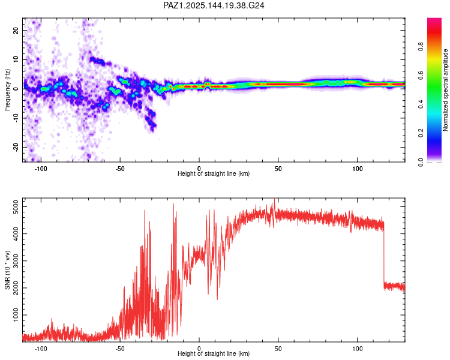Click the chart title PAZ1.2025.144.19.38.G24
pos(214,5)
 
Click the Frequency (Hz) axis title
pos(7,90)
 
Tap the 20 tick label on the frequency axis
pos(16,30)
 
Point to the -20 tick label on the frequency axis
pos(16,148)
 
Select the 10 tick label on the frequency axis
pos(16,59)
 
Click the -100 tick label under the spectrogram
pos(41,169)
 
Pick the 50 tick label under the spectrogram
pos(278,169)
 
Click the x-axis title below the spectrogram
pos(214,173)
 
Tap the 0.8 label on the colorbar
pos(421,46)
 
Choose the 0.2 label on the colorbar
pos(421,133)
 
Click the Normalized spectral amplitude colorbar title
pos(445,90)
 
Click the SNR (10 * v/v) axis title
pos(7,270)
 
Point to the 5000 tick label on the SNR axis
pos(16,206)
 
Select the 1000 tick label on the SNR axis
pos(16,315)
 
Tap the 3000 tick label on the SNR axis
pos(16,261)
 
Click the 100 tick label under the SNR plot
pos(358,349)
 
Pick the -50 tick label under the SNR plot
pos(120,349)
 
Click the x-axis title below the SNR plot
pos(214,353)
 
